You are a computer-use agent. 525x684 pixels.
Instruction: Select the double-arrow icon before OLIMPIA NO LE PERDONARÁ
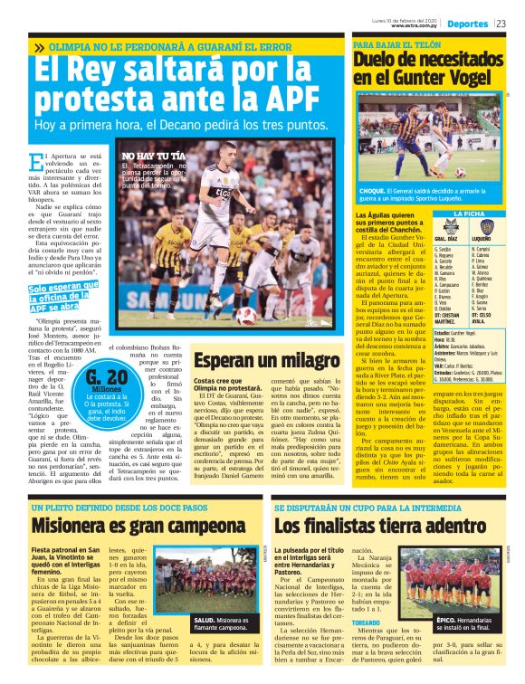click(x=39, y=46)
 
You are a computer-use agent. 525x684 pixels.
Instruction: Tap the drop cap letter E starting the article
click(x=36, y=163)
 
